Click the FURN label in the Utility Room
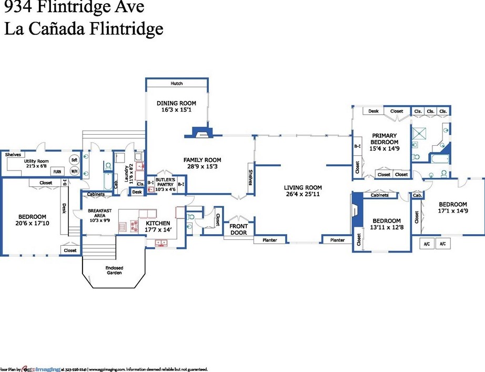[57, 172]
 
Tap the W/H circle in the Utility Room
[74, 171]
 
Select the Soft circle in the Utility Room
[74, 160]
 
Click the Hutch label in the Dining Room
[177, 84]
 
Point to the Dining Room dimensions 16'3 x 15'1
[176, 110]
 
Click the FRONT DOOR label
[238, 229]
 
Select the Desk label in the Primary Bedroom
[373, 111]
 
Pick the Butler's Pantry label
[164, 182]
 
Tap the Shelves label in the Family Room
[250, 177]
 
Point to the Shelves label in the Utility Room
[13, 155]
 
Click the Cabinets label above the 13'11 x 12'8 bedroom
[379, 195]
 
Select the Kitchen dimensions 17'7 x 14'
[158, 230]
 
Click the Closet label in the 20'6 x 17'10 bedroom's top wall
[46, 183]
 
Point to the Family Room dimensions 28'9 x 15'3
[202, 167]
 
